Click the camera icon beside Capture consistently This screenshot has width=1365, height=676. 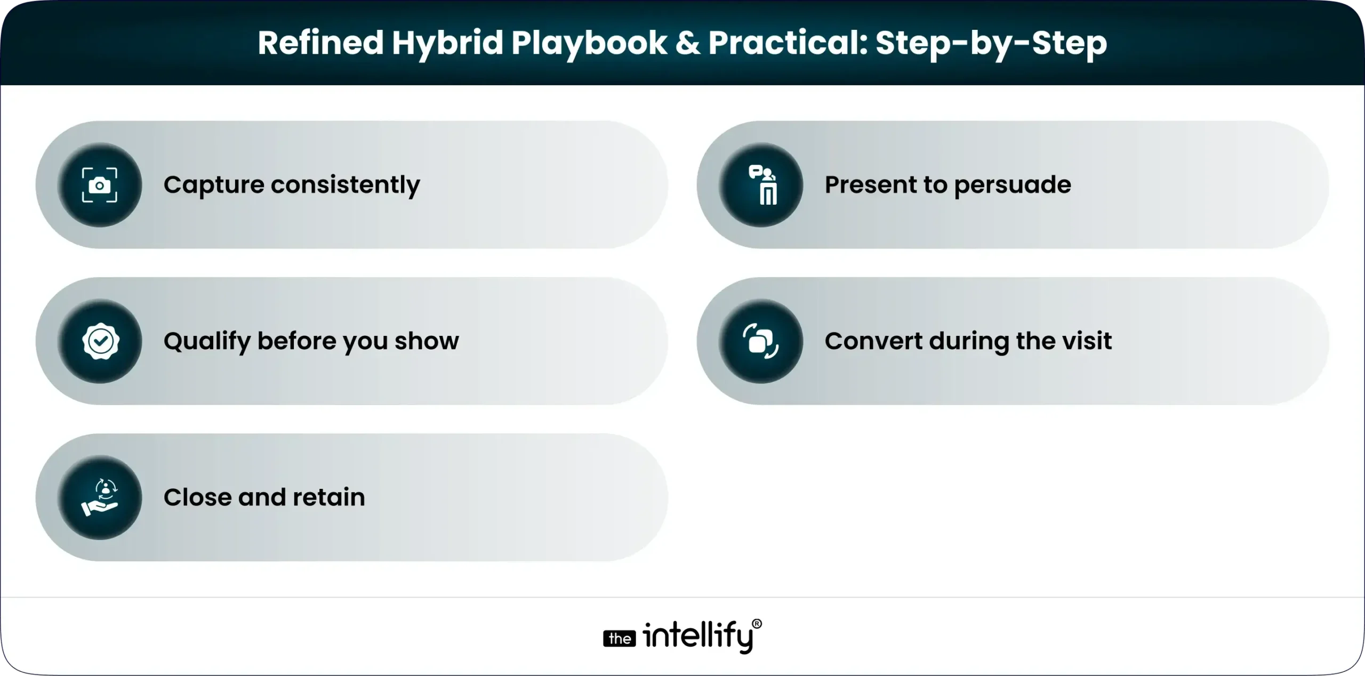click(x=100, y=185)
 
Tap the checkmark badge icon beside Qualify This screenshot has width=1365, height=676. click(x=100, y=341)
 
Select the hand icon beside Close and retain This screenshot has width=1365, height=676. click(x=100, y=497)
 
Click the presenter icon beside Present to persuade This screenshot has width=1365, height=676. click(x=761, y=185)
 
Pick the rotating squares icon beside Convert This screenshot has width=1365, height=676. click(x=761, y=341)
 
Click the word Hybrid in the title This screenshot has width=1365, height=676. click(x=447, y=44)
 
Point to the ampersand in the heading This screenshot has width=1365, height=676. click(x=687, y=43)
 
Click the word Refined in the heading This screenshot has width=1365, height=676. click(x=320, y=43)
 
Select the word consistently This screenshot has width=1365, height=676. click(x=346, y=186)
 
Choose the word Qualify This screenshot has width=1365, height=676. click(x=207, y=342)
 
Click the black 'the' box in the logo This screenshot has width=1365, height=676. click(x=619, y=639)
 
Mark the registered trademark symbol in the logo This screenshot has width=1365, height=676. click(x=757, y=624)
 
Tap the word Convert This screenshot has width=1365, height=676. click(x=873, y=341)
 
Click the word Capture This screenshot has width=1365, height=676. click(x=214, y=186)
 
